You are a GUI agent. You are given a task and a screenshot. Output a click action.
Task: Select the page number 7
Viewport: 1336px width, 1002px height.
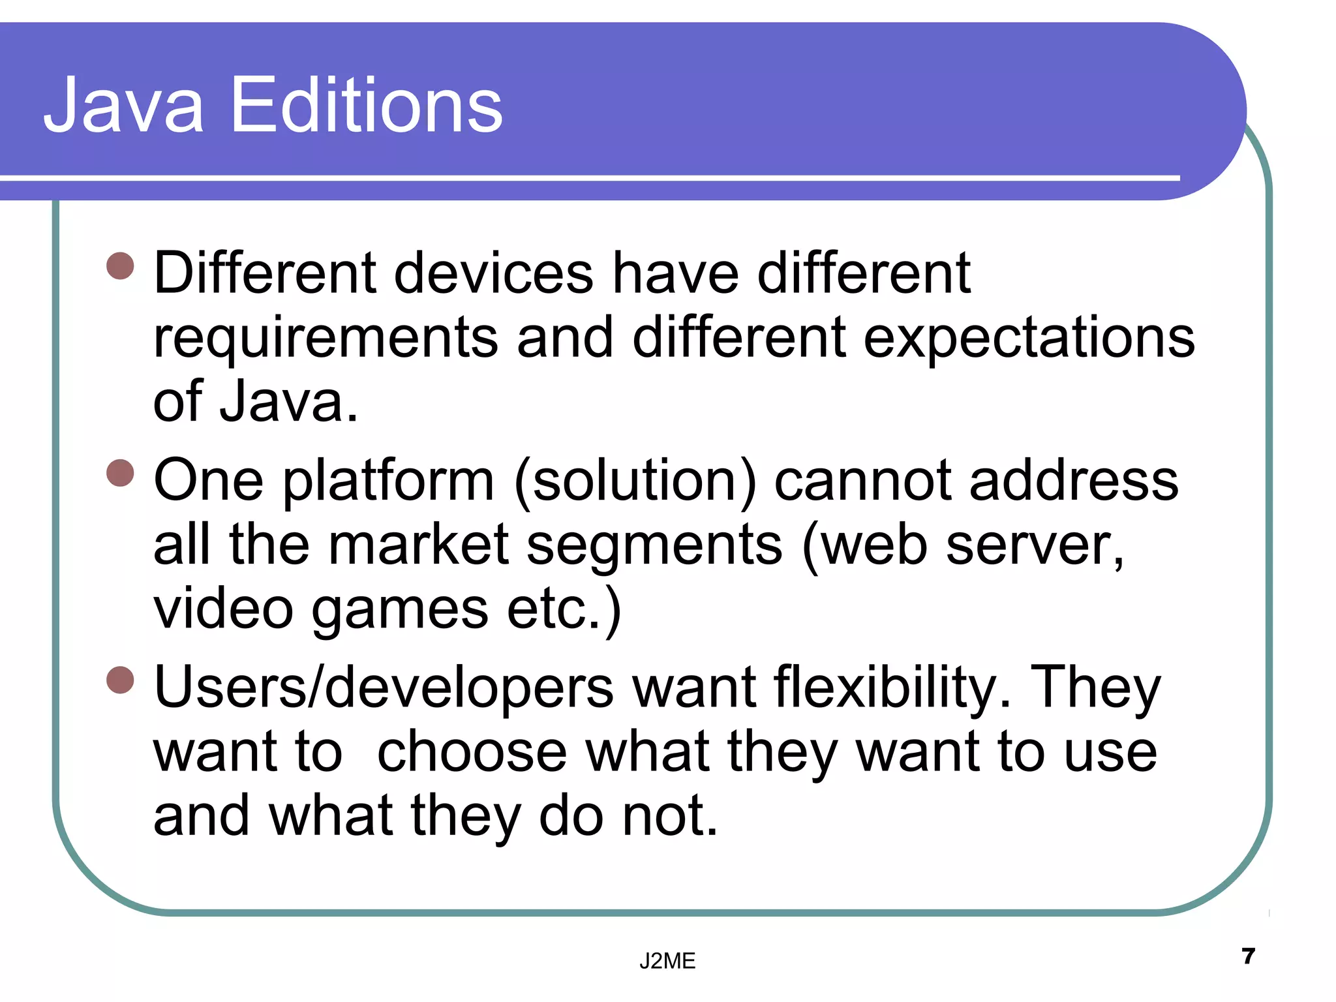point(1249,956)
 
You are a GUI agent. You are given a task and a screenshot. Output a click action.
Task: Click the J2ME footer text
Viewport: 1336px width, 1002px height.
point(667,961)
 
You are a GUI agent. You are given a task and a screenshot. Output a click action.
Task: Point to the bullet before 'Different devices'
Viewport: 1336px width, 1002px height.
point(120,266)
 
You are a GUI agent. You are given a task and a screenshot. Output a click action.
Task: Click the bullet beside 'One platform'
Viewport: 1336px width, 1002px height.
point(120,473)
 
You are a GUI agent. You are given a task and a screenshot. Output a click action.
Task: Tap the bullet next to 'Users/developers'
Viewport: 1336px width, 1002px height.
point(120,680)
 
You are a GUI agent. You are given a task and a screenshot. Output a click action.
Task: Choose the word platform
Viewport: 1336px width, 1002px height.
point(389,481)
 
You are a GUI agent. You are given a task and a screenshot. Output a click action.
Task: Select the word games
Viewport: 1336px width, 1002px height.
point(400,611)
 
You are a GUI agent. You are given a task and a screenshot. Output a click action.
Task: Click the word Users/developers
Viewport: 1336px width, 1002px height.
point(384,688)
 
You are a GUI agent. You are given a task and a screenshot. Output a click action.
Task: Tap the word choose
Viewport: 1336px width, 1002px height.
point(472,752)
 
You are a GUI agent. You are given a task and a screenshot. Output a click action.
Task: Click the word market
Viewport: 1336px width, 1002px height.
point(418,545)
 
